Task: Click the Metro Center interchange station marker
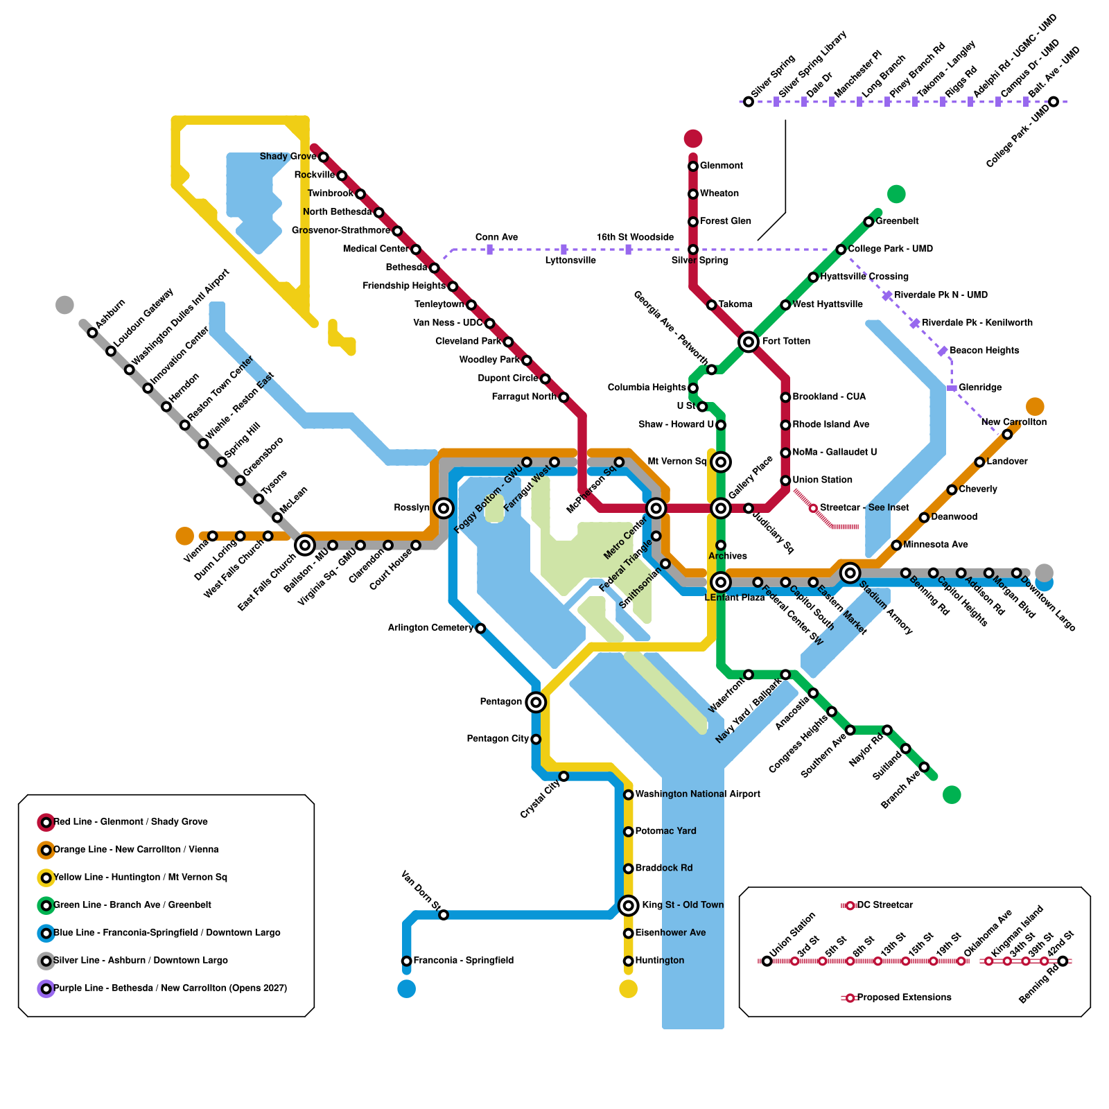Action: pyautogui.click(x=656, y=509)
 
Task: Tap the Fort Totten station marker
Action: pyautogui.click(x=748, y=342)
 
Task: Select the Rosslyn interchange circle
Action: pyautogui.click(x=444, y=508)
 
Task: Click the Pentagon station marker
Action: pyautogui.click(x=535, y=702)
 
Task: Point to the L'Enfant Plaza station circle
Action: pyautogui.click(x=721, y=582)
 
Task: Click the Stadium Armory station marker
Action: pyautogui.click(x=850, y=573)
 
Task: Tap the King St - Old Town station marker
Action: pyautogui.click(x=628, y=905)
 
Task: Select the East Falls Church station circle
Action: pyautogui.click(x=305, y=545)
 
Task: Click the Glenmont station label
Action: pyautogui.click(x=721, y=166)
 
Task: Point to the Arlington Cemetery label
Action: pyautogui.click(x=430, y=628)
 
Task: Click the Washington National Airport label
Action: pyautogui.click(x=697, y=794)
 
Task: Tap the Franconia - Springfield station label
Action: pyautogui.click(x=463, y=961)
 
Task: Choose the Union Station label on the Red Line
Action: pyautogui.click(x=822, y=480)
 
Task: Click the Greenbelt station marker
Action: pyautogui.click(x=868, y=222)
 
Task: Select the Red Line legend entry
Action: pyautogui.click(x=130, y=822)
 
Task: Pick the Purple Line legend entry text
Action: pyautogui.click(x=170, y=988)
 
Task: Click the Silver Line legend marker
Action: pyautogui.click(x=46, y=961)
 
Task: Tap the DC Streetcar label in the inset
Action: pyautogui.click(x=884, y=905)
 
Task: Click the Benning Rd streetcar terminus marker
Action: pyautogui.click(x=1063, y=961)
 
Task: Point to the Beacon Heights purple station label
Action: pyautogui.click(x=984, y=351)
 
